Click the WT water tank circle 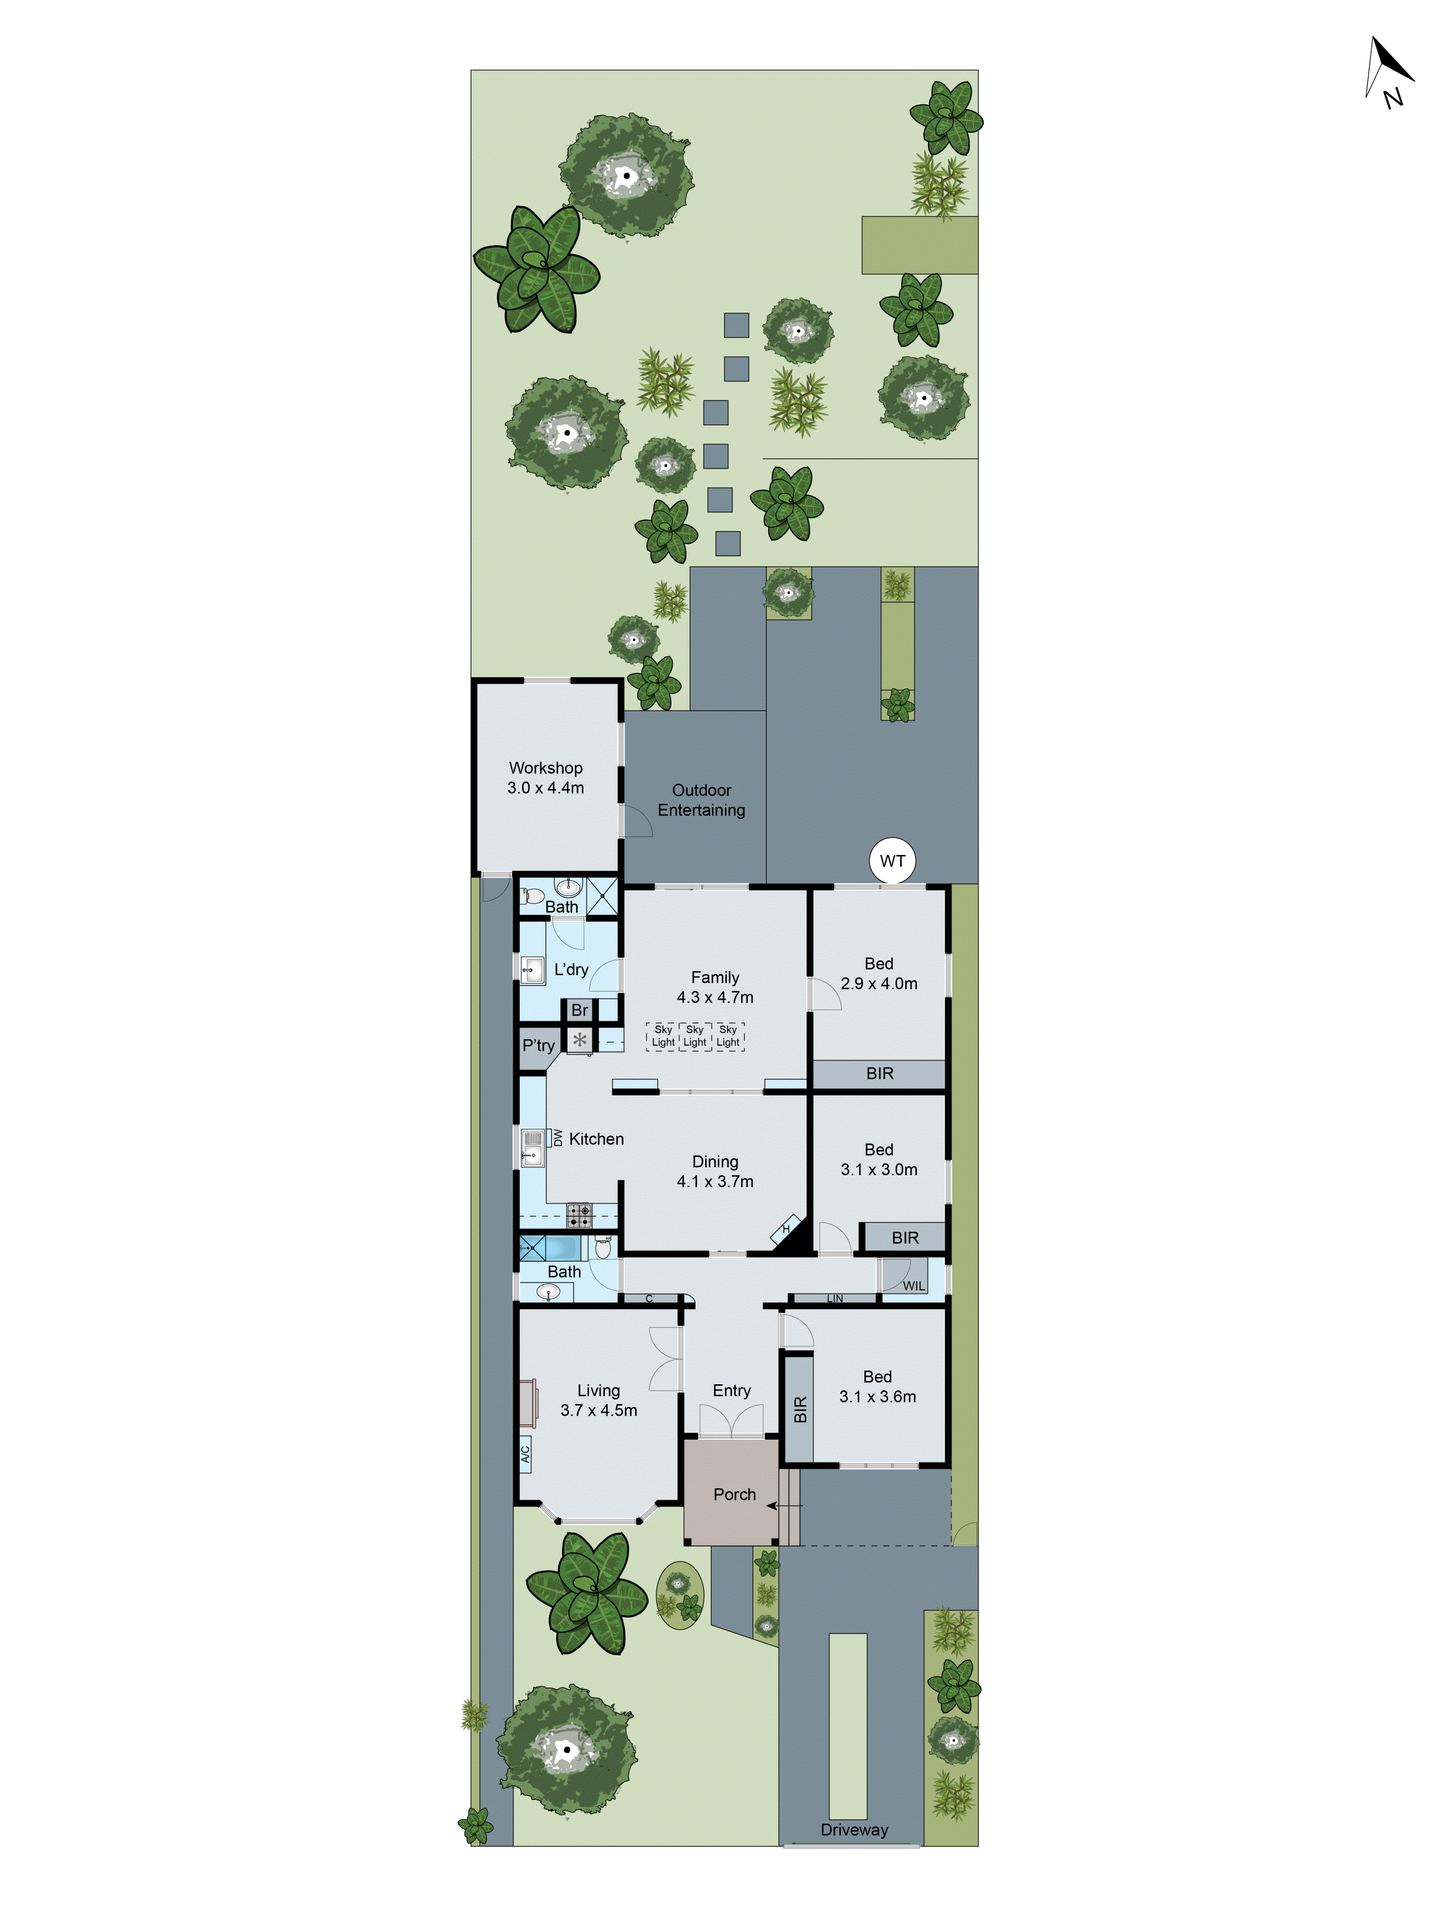pos(892,861)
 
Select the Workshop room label pos(546,768)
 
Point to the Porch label pos(734,1494)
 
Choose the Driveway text pos(853,1830)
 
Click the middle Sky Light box pos(695,1035)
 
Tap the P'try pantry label pos(538,1045)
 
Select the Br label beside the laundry pos(580,1010)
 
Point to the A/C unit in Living pos(525,1454)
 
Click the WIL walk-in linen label pos(913,1285)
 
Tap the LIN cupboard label pos(834,1299)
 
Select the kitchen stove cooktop pos(579,1215)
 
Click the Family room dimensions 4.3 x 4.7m pos(715,997)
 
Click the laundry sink pos(532,969)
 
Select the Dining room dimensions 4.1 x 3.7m pos(715,1181)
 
